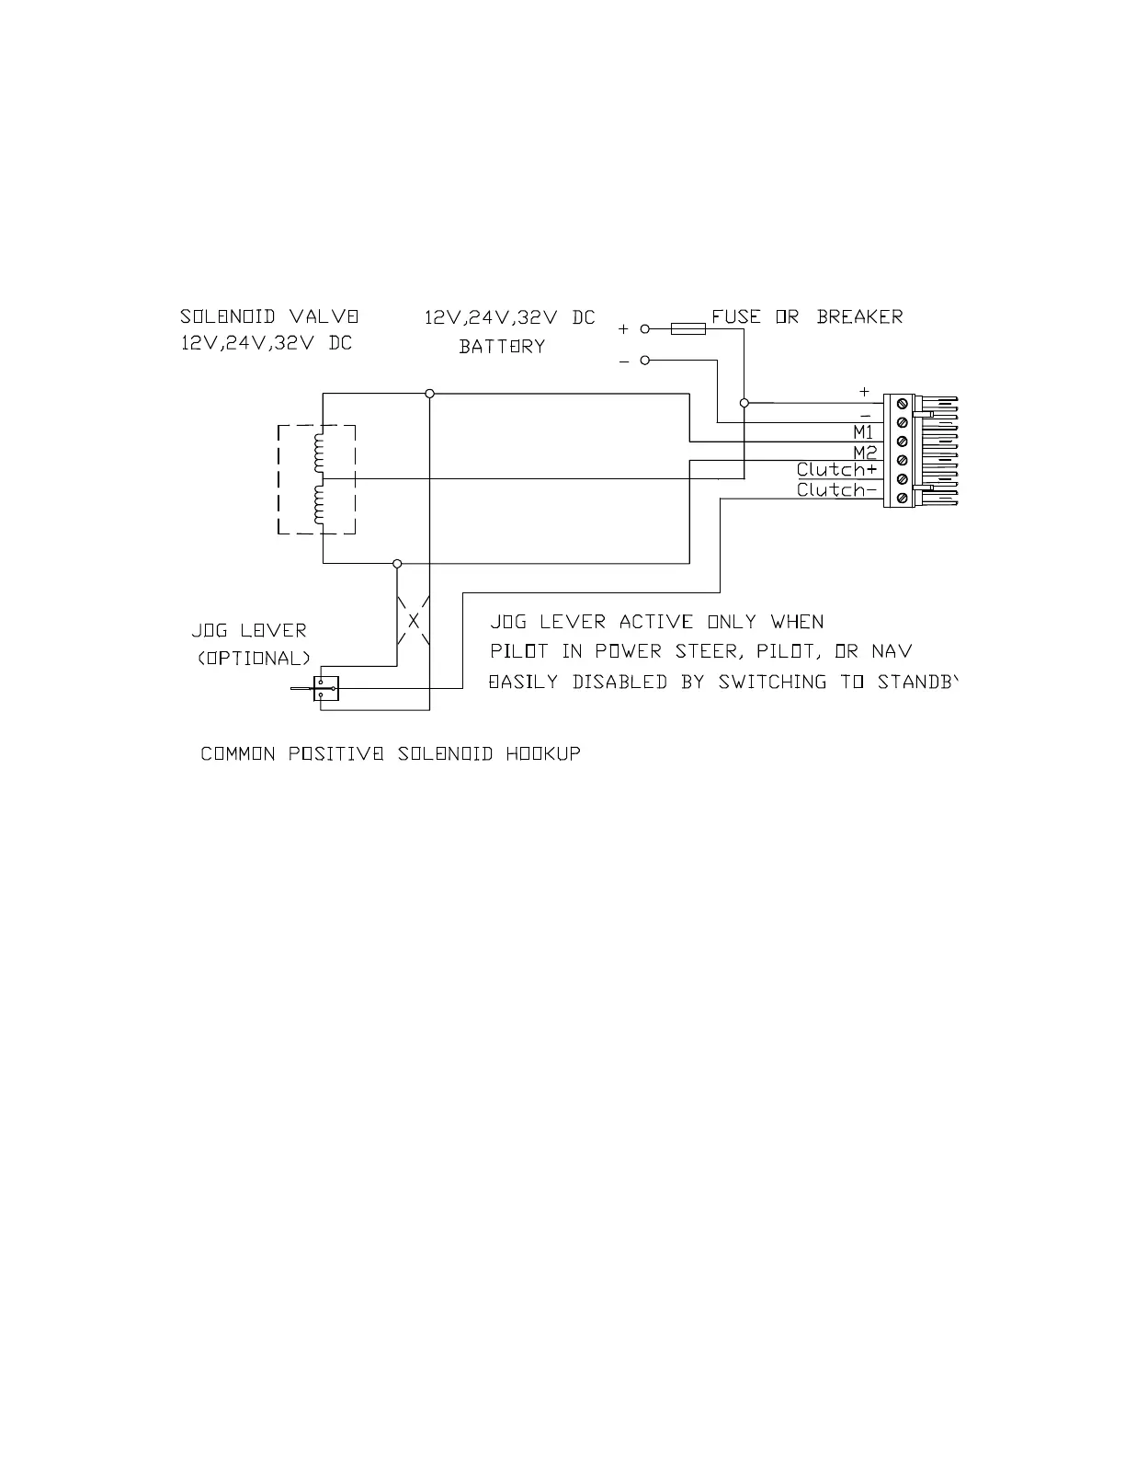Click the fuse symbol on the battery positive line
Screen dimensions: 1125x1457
tap(688, 328)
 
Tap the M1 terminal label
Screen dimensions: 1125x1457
tap(863, 432)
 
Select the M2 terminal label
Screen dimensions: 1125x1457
tap(864, 452)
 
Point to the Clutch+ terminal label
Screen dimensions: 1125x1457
tap(836, 470)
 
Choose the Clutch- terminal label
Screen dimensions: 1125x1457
tap(836, 490)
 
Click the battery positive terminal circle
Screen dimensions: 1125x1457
tap(645, 328)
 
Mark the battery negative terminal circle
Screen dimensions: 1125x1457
tap(645, 361)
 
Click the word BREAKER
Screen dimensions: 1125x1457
tap(859, 316)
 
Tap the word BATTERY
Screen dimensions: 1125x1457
tap(502, 347)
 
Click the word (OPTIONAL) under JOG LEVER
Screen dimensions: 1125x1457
tap(254, 659)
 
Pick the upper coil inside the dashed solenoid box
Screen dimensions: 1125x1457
tap(319, 453)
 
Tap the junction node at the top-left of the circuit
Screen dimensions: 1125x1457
tap(429, 394)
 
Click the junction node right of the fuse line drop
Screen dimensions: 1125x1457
tap(744, 402)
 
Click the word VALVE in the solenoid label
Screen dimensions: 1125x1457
tap(324, 316)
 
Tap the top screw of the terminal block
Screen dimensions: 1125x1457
tap(902, 403)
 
